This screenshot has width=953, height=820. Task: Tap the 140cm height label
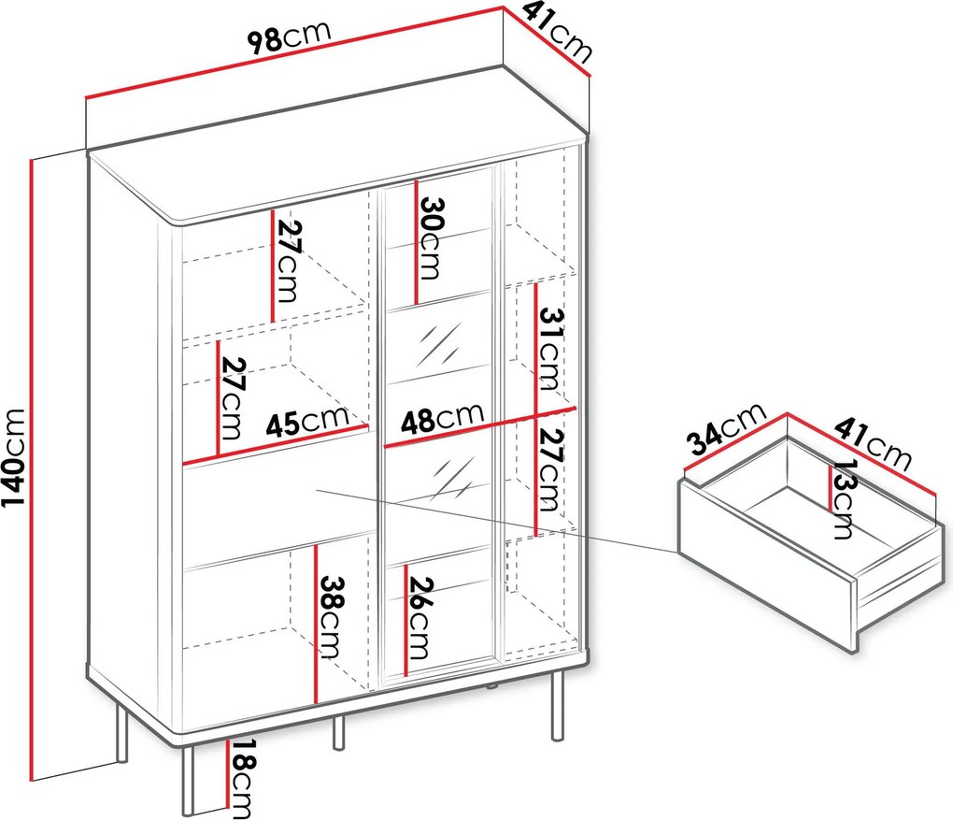click(13, 457)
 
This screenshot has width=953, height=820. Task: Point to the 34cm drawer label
click(726, 428)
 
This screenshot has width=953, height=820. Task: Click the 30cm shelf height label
click(431, 237)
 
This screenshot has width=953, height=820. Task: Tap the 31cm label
click(550, 349)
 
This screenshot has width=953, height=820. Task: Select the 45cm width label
click(307, 421)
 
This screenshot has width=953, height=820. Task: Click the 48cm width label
click(442, 418)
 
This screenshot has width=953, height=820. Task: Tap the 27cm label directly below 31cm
click(552, 469)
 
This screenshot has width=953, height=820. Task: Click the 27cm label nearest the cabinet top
click(288, 262)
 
